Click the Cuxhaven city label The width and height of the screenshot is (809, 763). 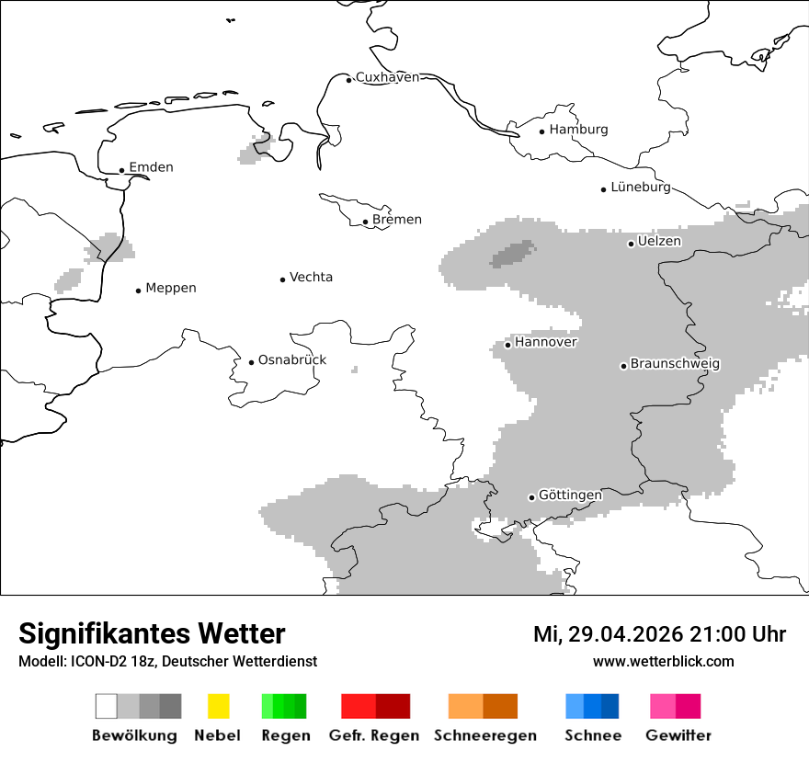[x=387, y=77]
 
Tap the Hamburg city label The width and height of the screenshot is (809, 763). [x=578, y=130]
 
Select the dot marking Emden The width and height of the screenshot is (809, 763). [x=121, y=170]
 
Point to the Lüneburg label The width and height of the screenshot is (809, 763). [x=640, y=187]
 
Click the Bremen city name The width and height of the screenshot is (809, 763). [x=397, y=220]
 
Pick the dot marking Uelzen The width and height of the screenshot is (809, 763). [x=631, y=244]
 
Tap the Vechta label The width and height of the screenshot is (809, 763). [x=311, y=278]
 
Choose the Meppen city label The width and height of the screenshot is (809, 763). [x=171, y=289]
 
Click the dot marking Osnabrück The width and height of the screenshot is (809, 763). [x=251, y=362]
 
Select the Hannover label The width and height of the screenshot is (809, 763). [x=546, y=342]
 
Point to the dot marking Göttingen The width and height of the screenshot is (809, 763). [x=531, y=497]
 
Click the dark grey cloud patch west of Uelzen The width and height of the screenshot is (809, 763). [x=513, y=253]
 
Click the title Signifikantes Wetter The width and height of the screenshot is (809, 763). [x=152, y=633]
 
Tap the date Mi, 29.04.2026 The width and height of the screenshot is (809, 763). [x=606, y=634]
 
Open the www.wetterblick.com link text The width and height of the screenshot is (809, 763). [x=663, y=661]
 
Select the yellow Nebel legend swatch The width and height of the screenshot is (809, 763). [x=218, y=706]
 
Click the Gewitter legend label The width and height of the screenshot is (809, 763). [x=678, y=735]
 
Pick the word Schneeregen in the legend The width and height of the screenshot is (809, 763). [x=484, y=735]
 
